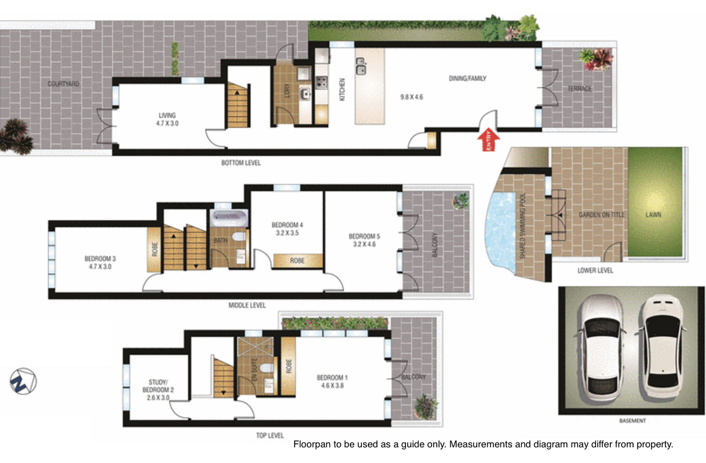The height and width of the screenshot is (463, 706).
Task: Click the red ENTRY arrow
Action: (488, 139)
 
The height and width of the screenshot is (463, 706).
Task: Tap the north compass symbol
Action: (23, 381)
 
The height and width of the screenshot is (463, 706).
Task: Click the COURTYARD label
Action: (63, 84)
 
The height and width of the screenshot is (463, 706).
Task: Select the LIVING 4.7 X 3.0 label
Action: (167, 119)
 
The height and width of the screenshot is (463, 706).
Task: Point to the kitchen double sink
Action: (361, 66)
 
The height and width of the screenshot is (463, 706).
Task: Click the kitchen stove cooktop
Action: (321, 83)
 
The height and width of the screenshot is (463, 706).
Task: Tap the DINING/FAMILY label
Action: (467, 78)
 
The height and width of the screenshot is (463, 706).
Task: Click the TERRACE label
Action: (579, 89)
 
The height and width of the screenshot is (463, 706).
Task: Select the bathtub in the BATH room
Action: (229, 217)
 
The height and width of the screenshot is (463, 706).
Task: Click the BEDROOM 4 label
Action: (287, 225)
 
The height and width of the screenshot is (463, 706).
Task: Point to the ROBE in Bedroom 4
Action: (298, 261)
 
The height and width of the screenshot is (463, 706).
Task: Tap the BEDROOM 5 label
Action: (364, 236)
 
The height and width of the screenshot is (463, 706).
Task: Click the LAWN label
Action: (653, 215)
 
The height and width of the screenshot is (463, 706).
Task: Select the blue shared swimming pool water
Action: (501, 230)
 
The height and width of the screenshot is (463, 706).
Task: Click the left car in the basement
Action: (601, 348)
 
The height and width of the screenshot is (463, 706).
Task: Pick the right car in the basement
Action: (663, 347)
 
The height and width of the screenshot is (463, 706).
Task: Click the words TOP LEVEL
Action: (270, 436)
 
